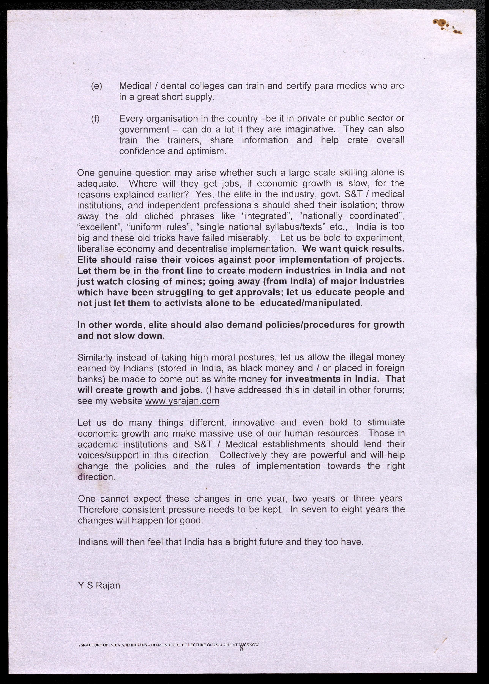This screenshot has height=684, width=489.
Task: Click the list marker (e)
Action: [x=96, y=86]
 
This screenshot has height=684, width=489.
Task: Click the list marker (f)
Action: [x=95, y=119]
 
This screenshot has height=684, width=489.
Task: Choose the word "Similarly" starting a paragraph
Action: [x=95, y=357]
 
